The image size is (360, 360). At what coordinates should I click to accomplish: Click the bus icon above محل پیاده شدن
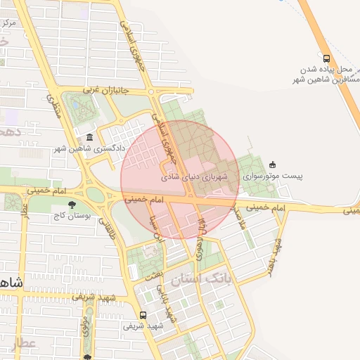(326, 58)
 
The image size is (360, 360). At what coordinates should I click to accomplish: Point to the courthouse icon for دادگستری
(89, 137)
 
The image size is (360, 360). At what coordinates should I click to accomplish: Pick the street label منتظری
(53, 106)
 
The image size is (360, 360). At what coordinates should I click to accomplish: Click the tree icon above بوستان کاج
(72, 205)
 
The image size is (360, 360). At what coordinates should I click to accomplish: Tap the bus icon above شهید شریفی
(143, 315)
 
